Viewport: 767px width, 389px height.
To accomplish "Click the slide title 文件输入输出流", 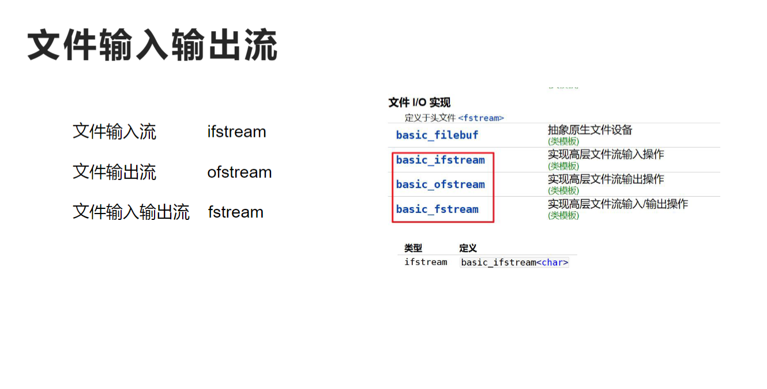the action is click(152, 46).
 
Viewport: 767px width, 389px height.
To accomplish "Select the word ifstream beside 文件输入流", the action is click(236, 132).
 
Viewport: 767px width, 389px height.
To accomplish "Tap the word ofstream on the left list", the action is click(239, 172).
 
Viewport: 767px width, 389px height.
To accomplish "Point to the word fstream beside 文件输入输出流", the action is click(235, 212).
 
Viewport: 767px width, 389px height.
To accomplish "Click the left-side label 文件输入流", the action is click(114, 132).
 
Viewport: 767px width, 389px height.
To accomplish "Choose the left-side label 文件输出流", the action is click(114, 172).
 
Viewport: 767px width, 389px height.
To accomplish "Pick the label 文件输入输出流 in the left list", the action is click(131, 212).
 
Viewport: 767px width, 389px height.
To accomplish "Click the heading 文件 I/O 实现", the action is click(419, 103).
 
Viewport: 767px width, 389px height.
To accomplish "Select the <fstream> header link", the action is click(481, 118).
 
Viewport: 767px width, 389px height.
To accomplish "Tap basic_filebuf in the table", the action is click(437, 135).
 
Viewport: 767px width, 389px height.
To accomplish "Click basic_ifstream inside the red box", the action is click(441, 160).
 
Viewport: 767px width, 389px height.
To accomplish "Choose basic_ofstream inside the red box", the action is click(441, 185).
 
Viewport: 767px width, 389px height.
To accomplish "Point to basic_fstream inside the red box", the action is click(437, 209).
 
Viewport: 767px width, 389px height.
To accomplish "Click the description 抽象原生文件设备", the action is click(590, 130).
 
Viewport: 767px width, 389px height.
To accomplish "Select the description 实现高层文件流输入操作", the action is click(606, 154).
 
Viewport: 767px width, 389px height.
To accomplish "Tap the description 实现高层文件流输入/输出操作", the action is click(618, 203).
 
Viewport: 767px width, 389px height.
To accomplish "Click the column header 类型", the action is click(413, 248).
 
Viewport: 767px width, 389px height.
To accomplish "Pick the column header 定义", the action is click(468, 248).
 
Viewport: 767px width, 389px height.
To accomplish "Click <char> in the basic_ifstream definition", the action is click(552, 263).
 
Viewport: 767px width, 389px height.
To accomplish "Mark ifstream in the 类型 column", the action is click(426, 262).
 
